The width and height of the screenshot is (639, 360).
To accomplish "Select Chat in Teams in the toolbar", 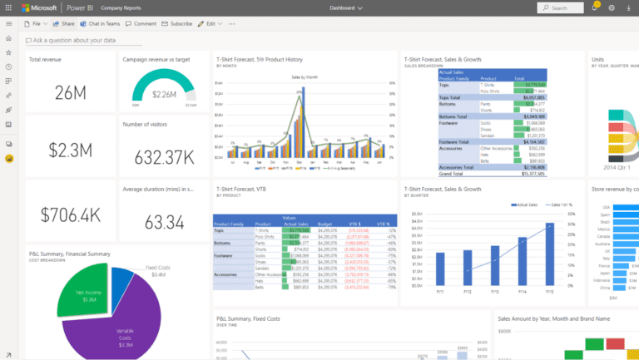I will point(101,23).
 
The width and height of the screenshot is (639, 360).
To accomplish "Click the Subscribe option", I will point(177,23).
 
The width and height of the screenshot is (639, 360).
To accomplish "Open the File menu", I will point(32,23).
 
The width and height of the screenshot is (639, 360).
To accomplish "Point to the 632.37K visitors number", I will point(159,156).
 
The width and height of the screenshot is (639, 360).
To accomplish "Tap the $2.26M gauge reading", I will point(163,94).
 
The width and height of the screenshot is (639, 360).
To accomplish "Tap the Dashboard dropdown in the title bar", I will point(347,7).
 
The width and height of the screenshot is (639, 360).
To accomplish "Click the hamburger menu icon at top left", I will point(8,23).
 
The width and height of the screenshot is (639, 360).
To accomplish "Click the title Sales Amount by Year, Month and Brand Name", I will point(553,318).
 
